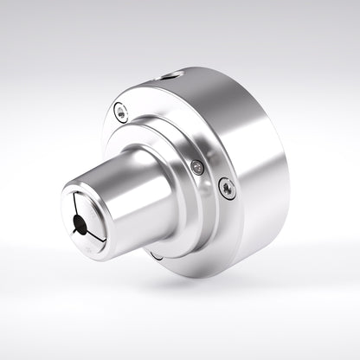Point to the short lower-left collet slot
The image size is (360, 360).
point(73,230)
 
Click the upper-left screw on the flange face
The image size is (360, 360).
point(121,111)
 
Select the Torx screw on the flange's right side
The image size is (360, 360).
point(227,187)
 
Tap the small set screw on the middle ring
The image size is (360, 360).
point(198,167)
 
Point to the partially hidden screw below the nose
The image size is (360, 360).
point(155,254)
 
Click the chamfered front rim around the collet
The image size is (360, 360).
point(66,201)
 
